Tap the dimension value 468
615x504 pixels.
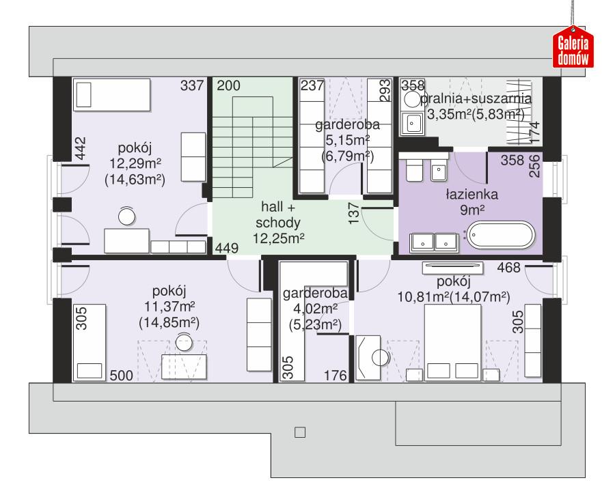[510, 267]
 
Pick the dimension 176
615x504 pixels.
[337, 374]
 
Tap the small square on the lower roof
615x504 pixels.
[299, 432]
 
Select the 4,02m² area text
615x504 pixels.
[314, 311]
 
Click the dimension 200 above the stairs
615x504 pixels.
[228, 86]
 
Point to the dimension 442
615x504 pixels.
[81, 148]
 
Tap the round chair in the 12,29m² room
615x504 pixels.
[127, 217]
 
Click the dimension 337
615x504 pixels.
[193, 86]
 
